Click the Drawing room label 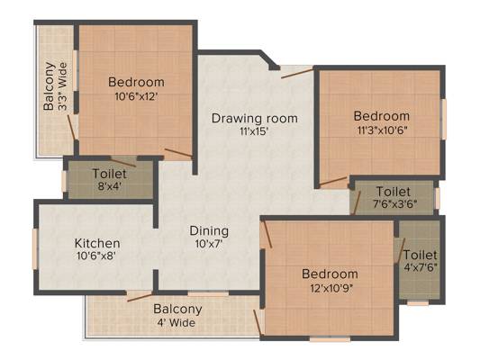254,119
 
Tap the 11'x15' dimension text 254,131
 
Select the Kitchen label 97,244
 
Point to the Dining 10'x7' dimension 209,244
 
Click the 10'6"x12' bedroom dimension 136,96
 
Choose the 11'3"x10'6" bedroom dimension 382,130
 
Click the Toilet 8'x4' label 109,180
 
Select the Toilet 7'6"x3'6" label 394,197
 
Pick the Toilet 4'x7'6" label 421,261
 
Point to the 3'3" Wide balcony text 63,86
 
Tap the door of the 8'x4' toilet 122,163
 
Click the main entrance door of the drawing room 297,74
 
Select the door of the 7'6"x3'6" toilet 357,202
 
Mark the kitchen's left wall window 35,248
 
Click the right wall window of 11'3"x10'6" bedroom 443,120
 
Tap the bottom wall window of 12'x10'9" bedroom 330,338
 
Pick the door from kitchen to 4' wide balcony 140,297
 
